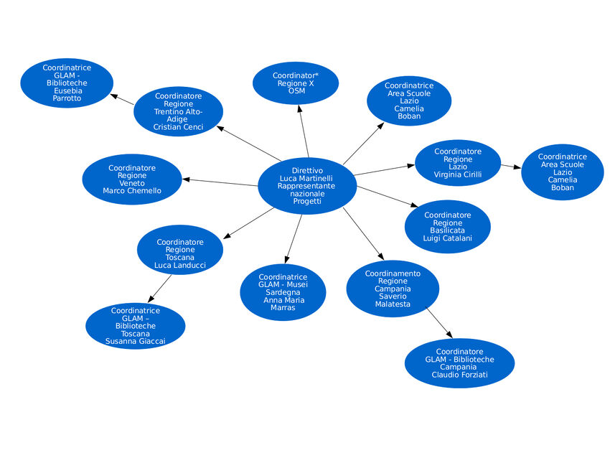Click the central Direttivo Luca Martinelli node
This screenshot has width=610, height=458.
[x=307, y=186]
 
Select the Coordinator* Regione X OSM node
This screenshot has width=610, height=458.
[x=296, y=83]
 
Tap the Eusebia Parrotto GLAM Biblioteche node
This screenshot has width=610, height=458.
[x=67, y=83]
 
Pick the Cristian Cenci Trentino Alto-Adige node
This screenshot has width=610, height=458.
[x=178, y=111]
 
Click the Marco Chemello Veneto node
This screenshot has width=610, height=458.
[x=132, y=179]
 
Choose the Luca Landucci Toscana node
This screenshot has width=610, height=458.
[x=179, y=250]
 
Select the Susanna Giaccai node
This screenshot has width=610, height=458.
[x=135, y=326]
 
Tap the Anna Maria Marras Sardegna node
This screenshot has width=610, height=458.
[x=283, y=292]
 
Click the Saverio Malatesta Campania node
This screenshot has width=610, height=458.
[x=393, y=289]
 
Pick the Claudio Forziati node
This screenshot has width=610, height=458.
[x=459, y=363]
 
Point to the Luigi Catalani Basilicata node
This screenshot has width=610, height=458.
[x=447, y=227]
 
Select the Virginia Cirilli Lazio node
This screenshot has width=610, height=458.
[x=458, y=163]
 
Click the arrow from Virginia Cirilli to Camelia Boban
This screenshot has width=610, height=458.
[x=510, y=167]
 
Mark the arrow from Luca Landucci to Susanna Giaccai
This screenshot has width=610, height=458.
[x=160, y=289]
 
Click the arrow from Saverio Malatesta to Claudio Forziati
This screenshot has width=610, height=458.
[x=439, y=322]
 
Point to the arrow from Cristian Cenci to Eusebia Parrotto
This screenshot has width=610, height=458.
[x=123, y=100]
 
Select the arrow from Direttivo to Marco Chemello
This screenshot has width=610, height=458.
[x=219, y=182]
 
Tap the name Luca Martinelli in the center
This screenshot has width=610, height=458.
[x=307, y=178]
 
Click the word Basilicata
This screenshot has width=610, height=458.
[x=447, y=230]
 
